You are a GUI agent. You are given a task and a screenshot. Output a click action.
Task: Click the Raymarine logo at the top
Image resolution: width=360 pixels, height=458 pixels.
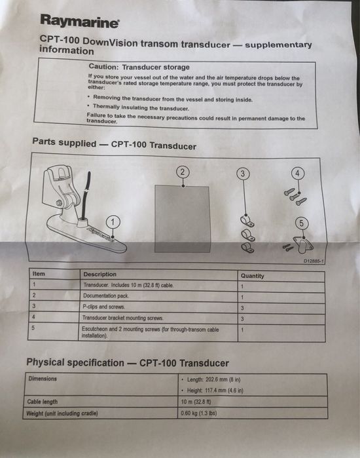click(79, 22)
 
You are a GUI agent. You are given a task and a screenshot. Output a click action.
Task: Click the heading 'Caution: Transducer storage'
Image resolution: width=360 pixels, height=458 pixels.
click(139, 67)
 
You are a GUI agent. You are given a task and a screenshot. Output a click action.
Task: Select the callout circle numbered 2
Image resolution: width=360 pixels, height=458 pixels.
click(183, 172)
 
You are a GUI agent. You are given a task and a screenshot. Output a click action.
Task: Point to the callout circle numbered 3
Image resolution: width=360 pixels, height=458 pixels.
click(242, 174)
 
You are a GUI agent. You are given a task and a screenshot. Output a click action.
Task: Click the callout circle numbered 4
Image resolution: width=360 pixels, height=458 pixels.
click(298, 174)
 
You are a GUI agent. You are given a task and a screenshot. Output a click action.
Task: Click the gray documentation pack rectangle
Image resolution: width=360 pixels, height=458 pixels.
click(181, 216)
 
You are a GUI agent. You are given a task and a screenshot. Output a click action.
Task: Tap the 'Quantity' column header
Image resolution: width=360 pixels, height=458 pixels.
click(253, 276)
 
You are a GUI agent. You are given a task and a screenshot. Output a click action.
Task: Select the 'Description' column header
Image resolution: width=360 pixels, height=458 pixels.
click(100, 275)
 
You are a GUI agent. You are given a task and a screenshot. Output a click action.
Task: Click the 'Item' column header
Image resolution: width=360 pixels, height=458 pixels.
click(39, 274)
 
